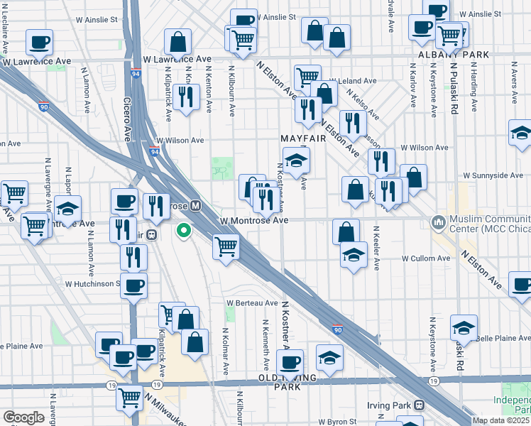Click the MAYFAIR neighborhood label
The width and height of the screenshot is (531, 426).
(x=302, y=139)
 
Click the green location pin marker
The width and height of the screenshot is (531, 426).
(x=183, y=230)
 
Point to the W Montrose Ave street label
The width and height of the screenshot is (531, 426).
(x=253, y=221)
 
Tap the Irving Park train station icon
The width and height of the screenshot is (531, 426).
(x=419, y=405)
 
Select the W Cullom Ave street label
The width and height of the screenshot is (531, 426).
(x=425, y=258)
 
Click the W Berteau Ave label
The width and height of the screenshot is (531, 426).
(x=252, y=302)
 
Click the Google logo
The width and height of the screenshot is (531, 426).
(x=23, y=417)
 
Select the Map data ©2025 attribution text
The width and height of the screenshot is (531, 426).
(x=500, y=420)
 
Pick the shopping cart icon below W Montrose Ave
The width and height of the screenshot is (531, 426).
(x=226, y=247)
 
